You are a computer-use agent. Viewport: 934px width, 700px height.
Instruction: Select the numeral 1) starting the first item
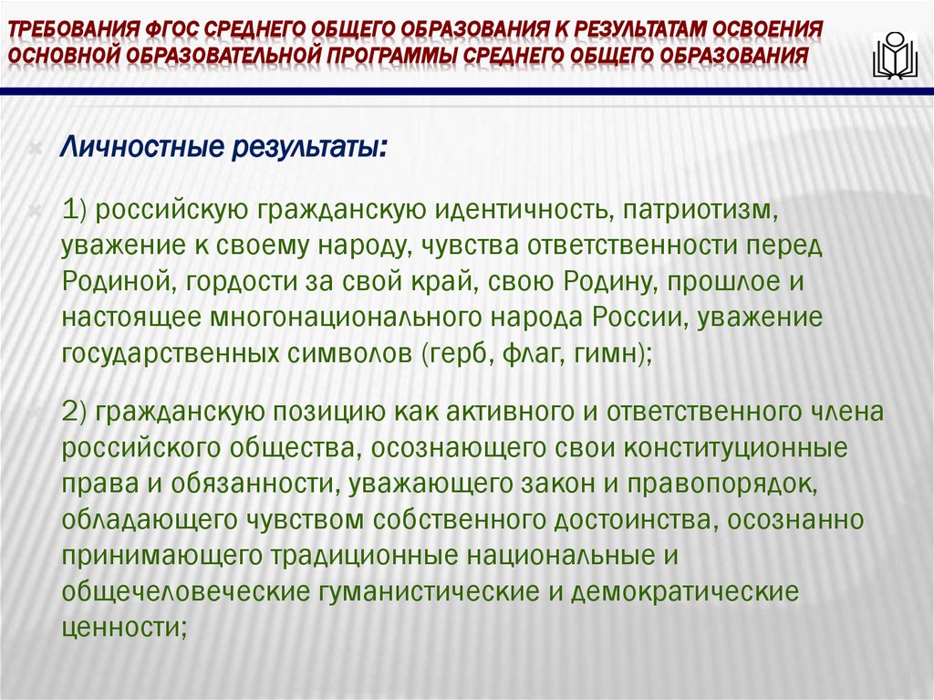tap(75, 212)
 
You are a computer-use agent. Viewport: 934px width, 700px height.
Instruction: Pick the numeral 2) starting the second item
tap(75, 413)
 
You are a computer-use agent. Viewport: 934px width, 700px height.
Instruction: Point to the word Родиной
tap(115, 282)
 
